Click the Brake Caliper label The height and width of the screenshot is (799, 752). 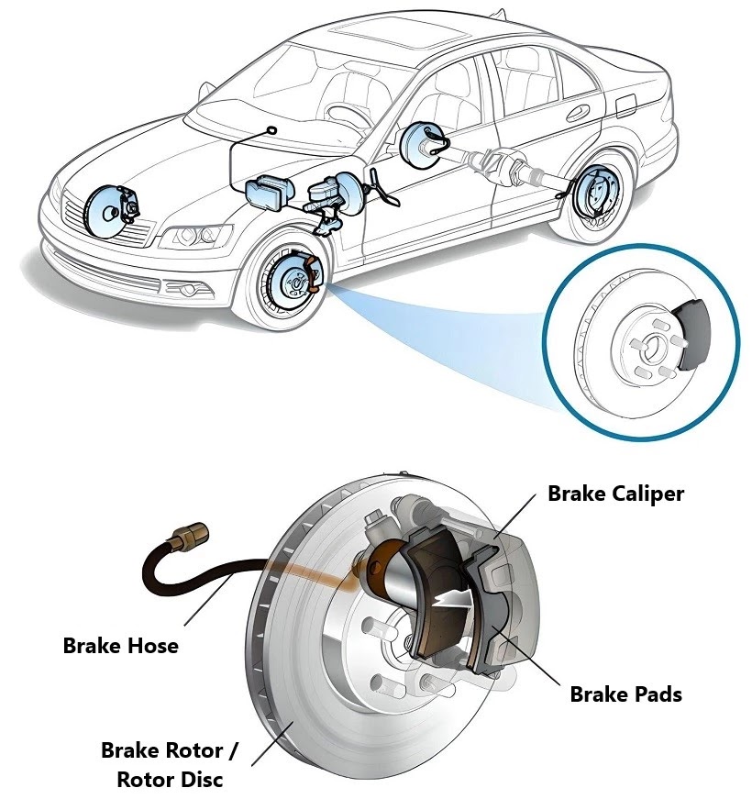coord(615,494)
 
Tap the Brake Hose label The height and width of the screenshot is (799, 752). coord(120,646)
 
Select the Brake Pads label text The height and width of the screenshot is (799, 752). coord(625,694)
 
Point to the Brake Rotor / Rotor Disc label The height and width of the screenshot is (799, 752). coord(169,764)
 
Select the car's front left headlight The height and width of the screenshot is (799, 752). coord(194,236)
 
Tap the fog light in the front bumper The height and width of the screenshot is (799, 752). coord(190,289)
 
